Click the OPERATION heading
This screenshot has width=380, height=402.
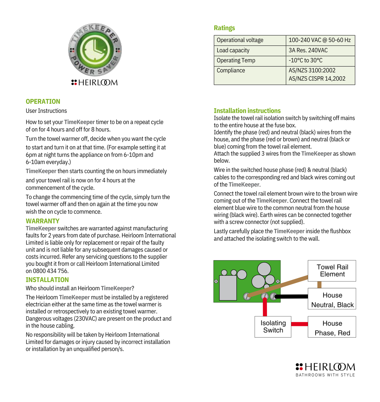pos(43,102)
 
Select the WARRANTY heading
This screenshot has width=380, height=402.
pos(42,221)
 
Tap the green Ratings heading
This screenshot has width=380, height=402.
pos(224,28)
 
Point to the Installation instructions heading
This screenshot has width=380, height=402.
pos(247,111)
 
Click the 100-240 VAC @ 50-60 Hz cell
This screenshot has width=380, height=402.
pos(320,40)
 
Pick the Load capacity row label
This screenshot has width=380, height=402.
pos(233,50)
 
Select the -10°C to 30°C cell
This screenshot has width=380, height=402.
pos(306,60)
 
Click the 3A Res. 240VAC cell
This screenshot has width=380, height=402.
pos(308,50)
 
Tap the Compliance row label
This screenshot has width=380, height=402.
pos(231,71)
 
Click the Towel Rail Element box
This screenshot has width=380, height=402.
pos(332,271)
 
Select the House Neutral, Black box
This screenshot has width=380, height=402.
pos(332,299)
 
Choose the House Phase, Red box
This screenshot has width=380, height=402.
pos(332,327)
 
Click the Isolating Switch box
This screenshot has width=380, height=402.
pos(273,327)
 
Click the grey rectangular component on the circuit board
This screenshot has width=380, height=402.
pos(228,288)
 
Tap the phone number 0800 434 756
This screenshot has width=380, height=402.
pos(50,271)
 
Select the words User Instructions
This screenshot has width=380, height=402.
pos(46,111)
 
